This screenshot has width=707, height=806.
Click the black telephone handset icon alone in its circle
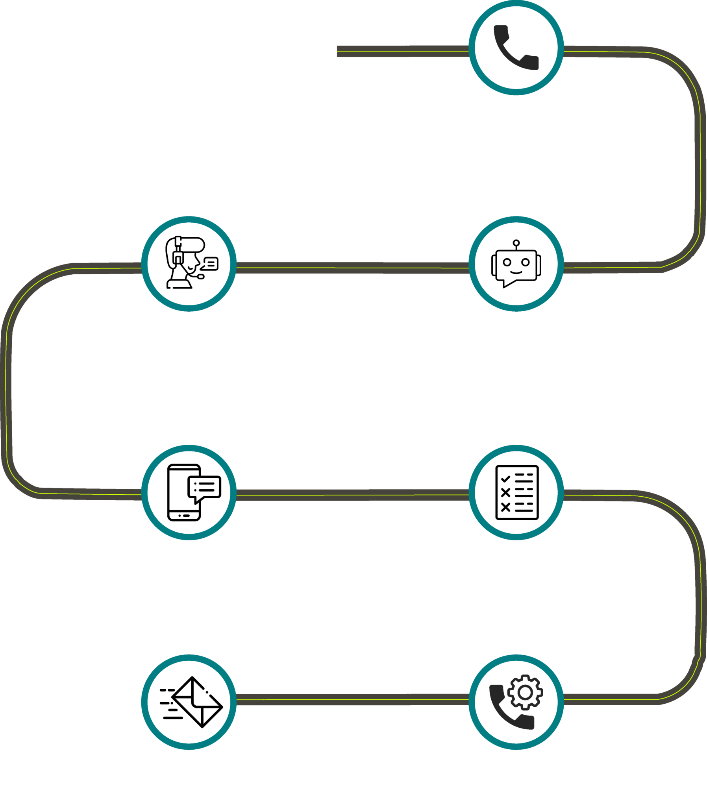click(516, 47)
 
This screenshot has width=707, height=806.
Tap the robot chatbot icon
click(516, 263)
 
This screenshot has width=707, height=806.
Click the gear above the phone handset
click(525, 692)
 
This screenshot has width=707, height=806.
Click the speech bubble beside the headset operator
click(210, 263)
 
